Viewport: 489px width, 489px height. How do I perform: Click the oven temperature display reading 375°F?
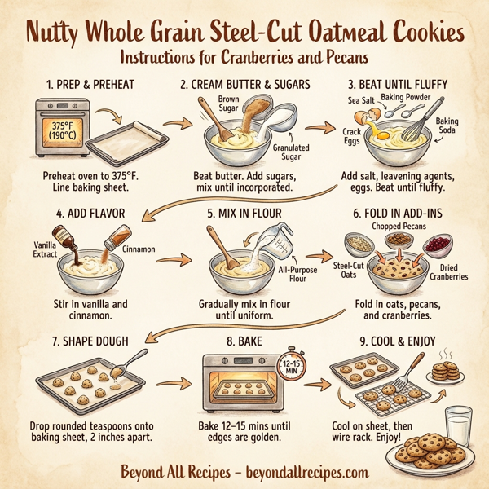pyautogui.click(x=62, y=130)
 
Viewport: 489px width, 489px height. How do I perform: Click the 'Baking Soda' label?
pyautogui.click(x=447, y=126)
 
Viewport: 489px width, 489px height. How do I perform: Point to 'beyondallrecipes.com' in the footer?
pyautogui.click(x=306, y=471)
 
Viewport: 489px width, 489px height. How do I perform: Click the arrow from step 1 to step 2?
pyautogui.click(x=172, y=124)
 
